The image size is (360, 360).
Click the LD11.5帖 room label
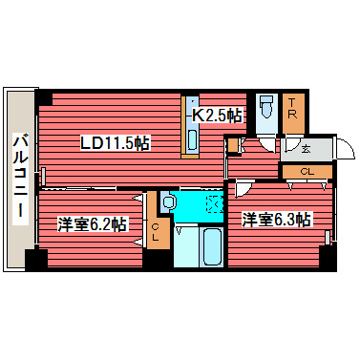114,143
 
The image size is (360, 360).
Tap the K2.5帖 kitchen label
218,115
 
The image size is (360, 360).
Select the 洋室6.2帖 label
91,224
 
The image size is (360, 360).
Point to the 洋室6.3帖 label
275,219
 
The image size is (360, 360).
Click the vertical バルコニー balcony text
19,180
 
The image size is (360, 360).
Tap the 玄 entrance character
305,148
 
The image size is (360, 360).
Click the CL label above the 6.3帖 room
306,172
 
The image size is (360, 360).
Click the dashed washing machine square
213,203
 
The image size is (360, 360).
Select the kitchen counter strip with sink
190,126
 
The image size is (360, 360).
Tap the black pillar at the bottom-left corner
36,258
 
